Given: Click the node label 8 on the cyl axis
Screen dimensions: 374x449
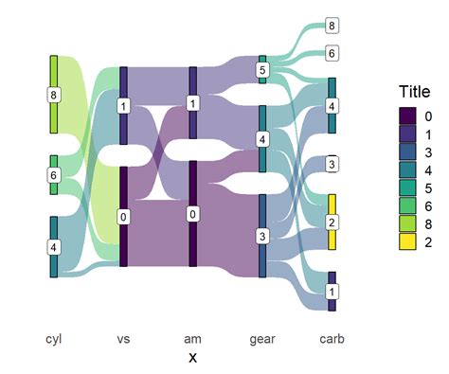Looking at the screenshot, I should coord(54,95).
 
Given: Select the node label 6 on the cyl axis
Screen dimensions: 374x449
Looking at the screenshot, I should coord(54,175).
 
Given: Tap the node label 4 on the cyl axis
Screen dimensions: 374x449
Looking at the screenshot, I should coord(54,247).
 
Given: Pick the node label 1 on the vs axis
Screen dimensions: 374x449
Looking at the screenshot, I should coord(123,106).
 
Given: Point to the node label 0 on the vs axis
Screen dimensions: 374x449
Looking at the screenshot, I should coord(123,217).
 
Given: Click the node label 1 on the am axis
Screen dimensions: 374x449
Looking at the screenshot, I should coord(193,103).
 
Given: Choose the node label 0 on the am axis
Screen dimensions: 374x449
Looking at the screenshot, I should coord(193,214).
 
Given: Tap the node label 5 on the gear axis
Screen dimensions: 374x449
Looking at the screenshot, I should coord(263,70).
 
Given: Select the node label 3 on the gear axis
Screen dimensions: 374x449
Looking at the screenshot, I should coord(263,235).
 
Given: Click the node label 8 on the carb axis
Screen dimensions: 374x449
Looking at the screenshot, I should coord(332,26).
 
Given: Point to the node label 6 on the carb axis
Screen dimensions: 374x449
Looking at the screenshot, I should coord(332,54).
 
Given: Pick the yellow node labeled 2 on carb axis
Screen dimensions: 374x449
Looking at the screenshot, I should coord(332,222).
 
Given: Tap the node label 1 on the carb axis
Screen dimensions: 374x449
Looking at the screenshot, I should coord(332,292).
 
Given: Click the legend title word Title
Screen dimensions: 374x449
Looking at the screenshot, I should coord(414,92).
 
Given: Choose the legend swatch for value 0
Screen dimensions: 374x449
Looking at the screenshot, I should coord(407,115).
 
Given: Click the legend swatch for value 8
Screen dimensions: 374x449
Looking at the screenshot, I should coord(407,225).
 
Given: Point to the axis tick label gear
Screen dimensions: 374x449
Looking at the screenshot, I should coord(262,338).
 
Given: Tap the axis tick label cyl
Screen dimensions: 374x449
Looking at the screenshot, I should coord(54,338).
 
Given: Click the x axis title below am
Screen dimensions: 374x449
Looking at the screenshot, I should coord(193,357).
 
